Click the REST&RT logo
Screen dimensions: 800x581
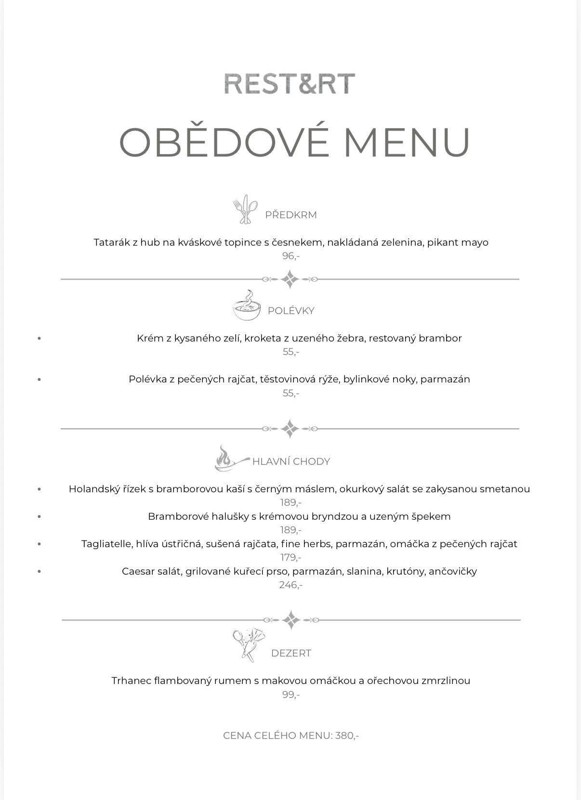(x=290, y=83)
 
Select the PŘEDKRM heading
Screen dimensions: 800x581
(x=291, y=215)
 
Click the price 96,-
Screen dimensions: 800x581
(x=291, y=256)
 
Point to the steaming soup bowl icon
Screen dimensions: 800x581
(x=247, y=306)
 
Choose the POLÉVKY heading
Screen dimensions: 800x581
(x=291, y=311)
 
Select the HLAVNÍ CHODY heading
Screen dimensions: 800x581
(x=291, y=461)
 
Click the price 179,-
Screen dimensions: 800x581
(x=291, y=558)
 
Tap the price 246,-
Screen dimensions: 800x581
(x=291, y=585)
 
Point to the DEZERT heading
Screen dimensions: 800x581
(x=291, y=654)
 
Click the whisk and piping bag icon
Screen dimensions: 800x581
(x=248, y=644)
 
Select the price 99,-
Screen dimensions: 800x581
(x=291, y=695)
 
